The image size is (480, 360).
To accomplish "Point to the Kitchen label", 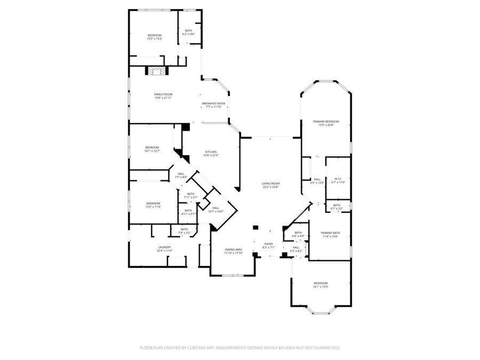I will pos(211,153).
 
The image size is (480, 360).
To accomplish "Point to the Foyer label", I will pos(268,245).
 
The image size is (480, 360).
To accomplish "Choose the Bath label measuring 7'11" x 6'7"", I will pos(190,195).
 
